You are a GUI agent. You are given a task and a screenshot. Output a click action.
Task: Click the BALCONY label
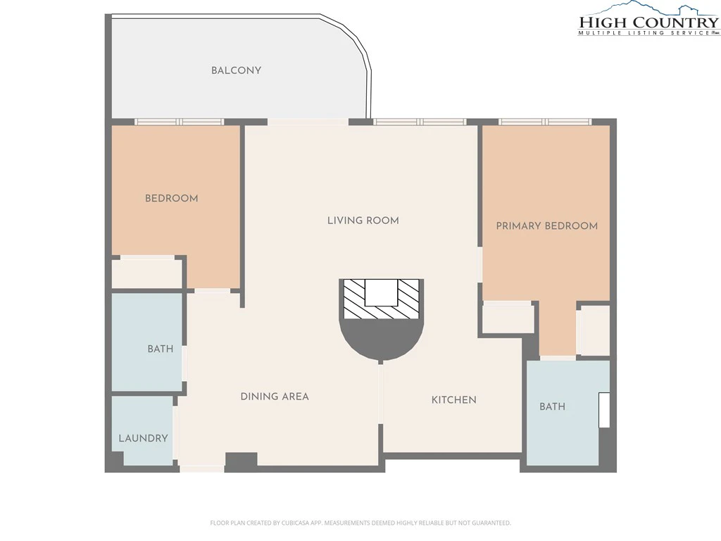tap(236, 70)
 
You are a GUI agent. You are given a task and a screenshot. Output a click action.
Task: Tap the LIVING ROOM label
tap(363, 220)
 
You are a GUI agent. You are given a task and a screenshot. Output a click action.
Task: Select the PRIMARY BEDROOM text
tap(546, 226)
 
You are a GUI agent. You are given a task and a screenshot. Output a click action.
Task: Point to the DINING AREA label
tap(275, 397)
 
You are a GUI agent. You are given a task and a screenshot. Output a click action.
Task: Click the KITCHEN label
tap(453, 400)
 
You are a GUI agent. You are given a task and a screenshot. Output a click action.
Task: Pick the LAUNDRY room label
tap(143, 438)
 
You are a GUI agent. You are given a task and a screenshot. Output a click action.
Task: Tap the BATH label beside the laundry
tap(160, 349)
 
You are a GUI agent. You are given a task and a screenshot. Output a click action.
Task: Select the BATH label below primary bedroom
tap(552, 406)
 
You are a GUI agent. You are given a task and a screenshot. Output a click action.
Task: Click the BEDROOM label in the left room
tap(172, 198)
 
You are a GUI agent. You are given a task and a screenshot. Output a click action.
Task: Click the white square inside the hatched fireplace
tap(381, 292)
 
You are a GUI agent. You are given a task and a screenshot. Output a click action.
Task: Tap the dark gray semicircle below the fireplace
tap(381, 338)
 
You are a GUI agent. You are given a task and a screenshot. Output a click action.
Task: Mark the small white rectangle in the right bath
tap(603, 410)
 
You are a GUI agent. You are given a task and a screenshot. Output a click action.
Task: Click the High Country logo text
tap(648, 23)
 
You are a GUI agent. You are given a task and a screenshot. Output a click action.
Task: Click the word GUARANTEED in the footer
tap(493, 523)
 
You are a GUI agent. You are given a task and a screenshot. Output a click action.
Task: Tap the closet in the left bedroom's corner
tap(146, 274)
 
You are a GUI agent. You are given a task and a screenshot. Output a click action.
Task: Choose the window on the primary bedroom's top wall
tap(545, 122)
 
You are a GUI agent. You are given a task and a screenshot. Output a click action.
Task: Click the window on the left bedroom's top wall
tap(179, 122)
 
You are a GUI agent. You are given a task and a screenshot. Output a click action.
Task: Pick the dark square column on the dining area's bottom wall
tap(241, 461)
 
